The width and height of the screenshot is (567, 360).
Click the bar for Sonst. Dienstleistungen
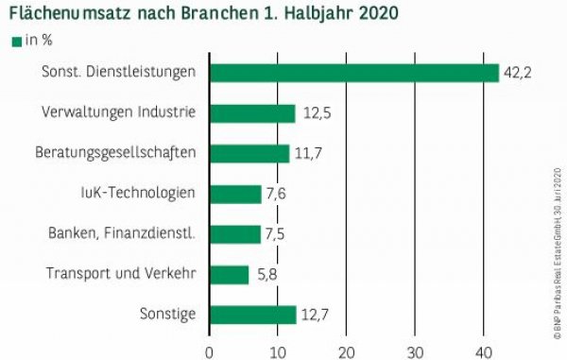(353, 73)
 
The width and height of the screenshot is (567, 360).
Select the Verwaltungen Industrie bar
(252, 113)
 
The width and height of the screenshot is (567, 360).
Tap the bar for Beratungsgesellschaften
(249, 153)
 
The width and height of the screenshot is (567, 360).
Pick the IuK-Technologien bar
(235, 194)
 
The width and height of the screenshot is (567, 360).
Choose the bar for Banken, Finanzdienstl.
(235, 233)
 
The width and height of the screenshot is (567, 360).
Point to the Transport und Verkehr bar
(230, 274)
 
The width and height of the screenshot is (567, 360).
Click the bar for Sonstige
(252, 315)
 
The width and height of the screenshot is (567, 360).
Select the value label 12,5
(318, 113)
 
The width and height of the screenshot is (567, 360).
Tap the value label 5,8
(266, 274)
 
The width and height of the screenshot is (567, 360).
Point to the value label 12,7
(318, 315)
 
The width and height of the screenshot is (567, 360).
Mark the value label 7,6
(279, 194)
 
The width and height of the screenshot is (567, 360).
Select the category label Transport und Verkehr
(121, 274)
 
